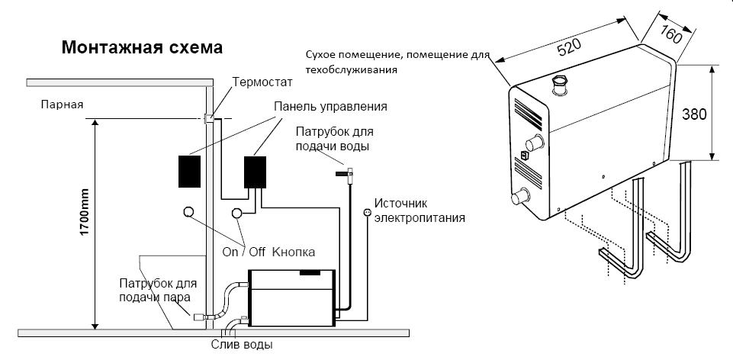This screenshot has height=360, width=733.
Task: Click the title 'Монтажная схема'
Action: click(142, 48)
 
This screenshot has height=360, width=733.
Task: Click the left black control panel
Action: click(188, 171)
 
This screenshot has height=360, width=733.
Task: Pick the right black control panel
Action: click(255, 172)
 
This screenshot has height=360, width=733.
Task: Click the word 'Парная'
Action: click(63, 104)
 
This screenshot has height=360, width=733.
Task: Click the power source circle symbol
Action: click(367, 213)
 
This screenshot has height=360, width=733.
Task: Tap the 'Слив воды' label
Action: click(242, 345)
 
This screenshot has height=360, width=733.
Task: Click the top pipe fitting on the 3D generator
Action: click(561, 83)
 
